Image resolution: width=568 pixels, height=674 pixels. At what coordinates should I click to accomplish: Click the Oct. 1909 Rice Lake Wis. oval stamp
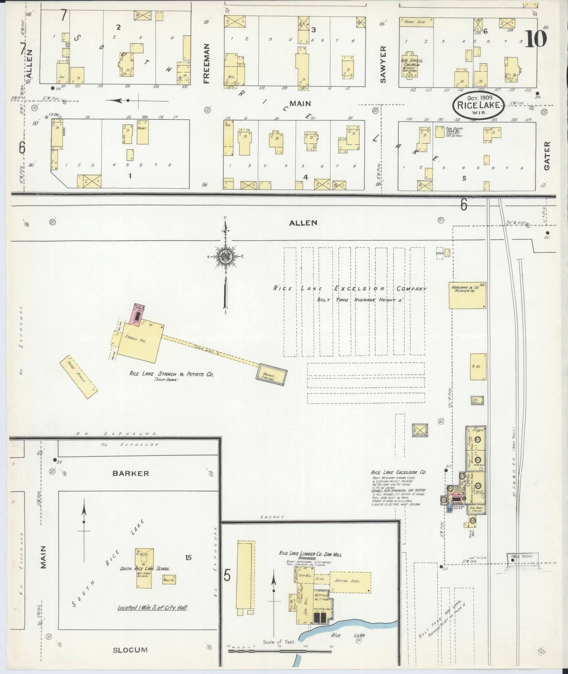[478, 105]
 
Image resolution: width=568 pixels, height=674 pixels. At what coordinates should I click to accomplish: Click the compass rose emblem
[225, 256]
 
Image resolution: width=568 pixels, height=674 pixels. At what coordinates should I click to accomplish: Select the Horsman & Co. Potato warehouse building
[467, 295]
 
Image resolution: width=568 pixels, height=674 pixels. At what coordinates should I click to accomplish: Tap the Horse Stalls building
[78, 377]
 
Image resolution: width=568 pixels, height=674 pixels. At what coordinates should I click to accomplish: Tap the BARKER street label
[131, 473]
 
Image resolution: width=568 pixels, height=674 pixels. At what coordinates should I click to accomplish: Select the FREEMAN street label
[206, 63]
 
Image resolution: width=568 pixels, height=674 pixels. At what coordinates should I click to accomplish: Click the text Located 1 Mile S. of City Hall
[152, 608]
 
